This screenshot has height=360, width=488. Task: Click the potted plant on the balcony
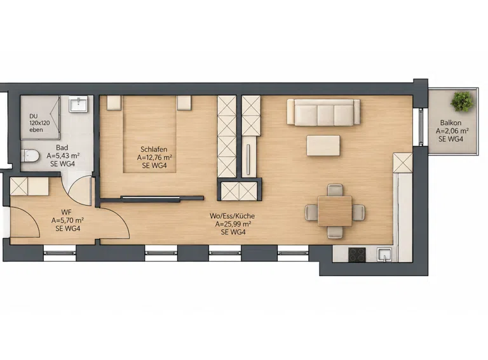pos(463,102)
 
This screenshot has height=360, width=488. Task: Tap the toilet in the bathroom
pos(30,156)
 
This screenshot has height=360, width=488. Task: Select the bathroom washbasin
pos(79,104)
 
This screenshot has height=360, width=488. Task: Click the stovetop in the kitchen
pos(356,255)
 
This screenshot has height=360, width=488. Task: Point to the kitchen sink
pos(384,255)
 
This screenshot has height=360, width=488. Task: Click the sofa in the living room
pos(323,112)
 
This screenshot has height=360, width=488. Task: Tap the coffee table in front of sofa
pos(323,145)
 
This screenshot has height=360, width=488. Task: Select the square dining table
pos(335,211)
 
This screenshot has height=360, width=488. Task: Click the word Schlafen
pos(154,149)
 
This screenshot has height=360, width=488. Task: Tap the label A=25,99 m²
pos(233,224)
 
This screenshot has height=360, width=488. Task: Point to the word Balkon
pos(451,123)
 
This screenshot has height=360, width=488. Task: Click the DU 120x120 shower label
pos(39,123)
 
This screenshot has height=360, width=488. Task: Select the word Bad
pos(62,147)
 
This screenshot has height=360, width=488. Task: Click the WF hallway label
pos(66,212)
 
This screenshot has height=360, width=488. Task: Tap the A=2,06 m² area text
pos(452,131)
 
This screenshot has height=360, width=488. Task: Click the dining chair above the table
pos(335,190)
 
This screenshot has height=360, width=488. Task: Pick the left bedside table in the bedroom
pos(114,103)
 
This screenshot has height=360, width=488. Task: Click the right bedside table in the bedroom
pos(184,103)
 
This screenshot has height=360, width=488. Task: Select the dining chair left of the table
pos(311,212)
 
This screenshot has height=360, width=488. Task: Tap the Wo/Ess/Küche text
pos(232,216)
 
